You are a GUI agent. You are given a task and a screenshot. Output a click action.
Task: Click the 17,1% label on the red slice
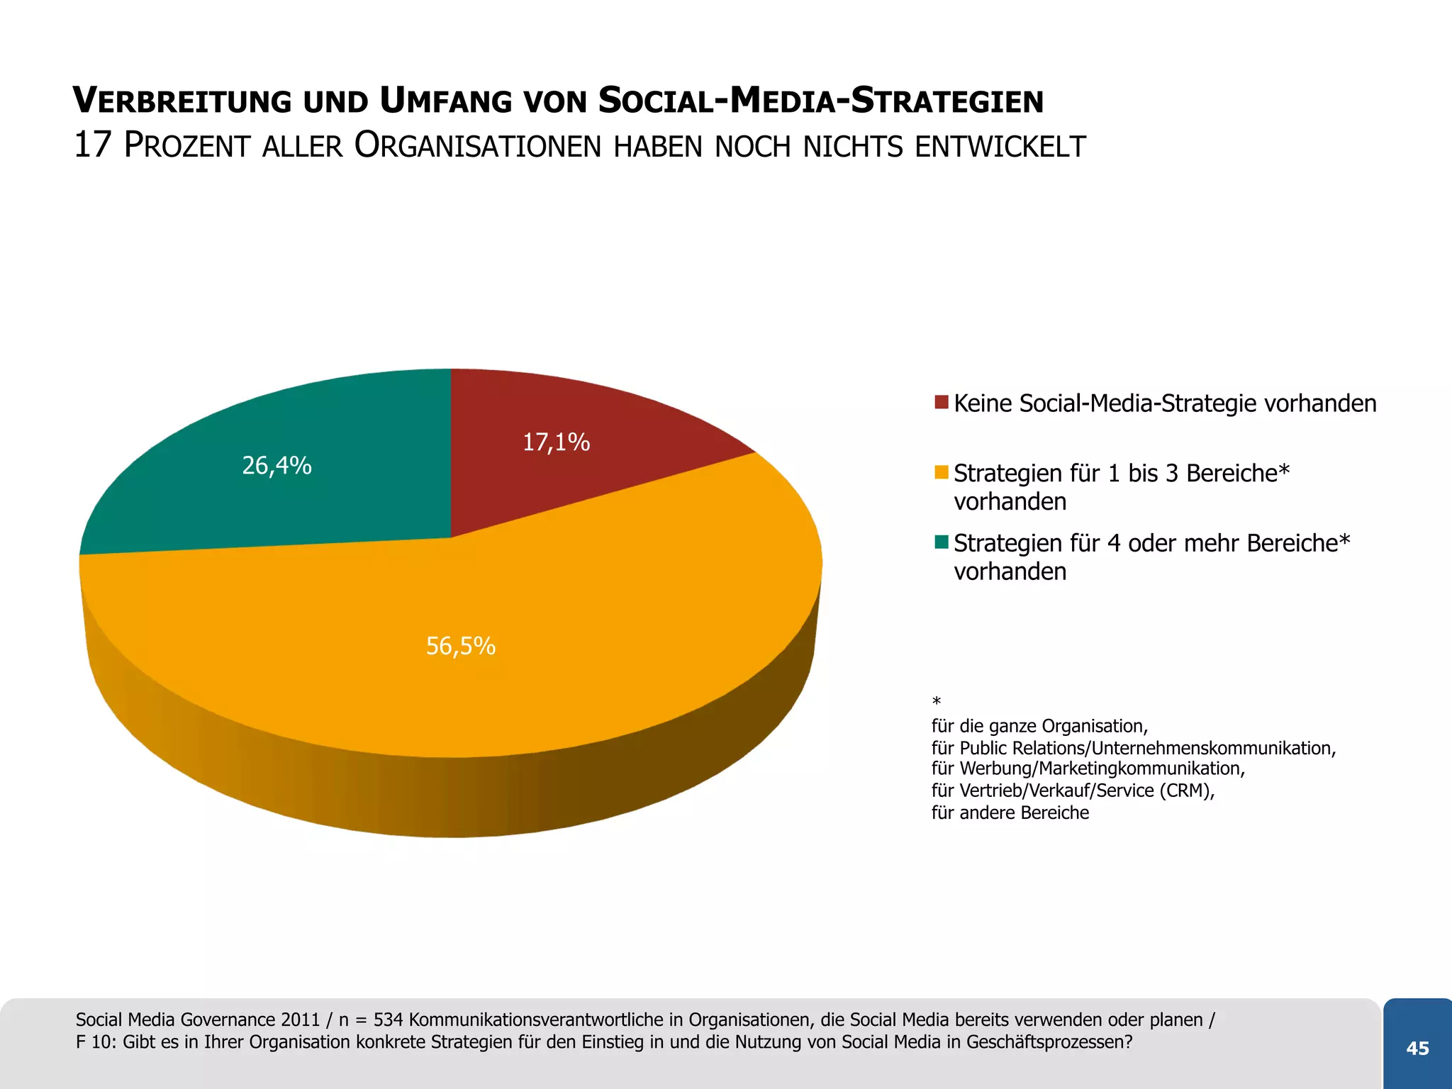point(556,442)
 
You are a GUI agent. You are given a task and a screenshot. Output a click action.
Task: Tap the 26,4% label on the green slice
point(277,466)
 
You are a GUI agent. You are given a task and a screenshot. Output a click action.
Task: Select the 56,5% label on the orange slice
point(460,646)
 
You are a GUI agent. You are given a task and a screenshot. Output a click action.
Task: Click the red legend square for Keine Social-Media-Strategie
point(942,403)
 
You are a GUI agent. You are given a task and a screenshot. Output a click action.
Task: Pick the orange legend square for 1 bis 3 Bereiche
point(942,472)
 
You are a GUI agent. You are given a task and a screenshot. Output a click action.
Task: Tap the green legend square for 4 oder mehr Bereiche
point(942,542)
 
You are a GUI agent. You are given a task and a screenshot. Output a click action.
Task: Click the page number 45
point(1417,1049)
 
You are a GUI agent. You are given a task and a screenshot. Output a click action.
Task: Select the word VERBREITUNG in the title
point(182,101)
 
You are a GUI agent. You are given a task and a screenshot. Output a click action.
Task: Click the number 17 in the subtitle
point(93,145)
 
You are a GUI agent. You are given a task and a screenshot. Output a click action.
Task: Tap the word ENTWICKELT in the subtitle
point(1000,147)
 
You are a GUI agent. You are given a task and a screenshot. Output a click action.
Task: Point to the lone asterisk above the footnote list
point(937,702)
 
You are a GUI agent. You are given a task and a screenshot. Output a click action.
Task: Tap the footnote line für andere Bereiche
point(1010,812)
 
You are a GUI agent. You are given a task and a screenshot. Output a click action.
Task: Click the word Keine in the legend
point(983,403)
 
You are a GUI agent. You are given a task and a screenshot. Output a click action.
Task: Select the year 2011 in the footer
point(301,1020)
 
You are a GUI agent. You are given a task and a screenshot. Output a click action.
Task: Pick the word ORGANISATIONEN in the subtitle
point(477,147)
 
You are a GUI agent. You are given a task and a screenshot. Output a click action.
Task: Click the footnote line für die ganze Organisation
point(1039,726)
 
